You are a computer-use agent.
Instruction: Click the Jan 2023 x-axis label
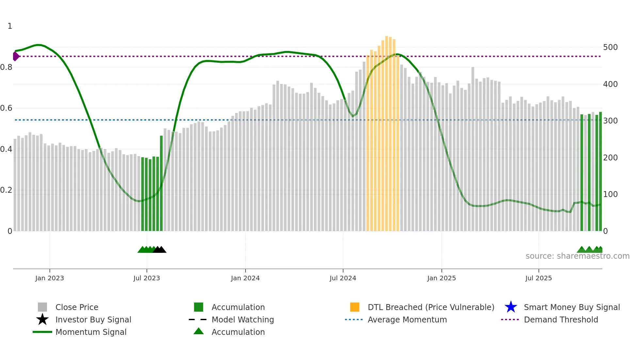(x=50, y=278)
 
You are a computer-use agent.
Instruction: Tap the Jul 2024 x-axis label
(x=343, y=278)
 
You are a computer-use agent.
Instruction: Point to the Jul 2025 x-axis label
(x=538, y=278)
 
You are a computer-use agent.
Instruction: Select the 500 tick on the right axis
(x=610, y=47)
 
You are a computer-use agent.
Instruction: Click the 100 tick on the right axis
(x=610, y=194)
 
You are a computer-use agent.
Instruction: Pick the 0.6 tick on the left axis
(x=6, y=108)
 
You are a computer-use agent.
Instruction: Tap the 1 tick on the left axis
(x=10, y=26)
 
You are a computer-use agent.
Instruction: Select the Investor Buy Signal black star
(x=42, y=319)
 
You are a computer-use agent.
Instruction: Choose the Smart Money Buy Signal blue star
(x=511, y=307)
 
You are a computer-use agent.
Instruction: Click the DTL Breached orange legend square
(x=355, y=307)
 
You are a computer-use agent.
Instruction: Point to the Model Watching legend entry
(x=243, y=320)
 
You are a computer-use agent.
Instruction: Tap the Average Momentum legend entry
(x=407, y=320)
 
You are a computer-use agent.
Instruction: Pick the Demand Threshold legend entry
(x=561, y=320)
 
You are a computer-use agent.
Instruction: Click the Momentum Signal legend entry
(x=91, y=332)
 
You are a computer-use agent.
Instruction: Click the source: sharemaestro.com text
(x=577, y=256)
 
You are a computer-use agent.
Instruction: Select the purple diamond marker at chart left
(x=16, y=57)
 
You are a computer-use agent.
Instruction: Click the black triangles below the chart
(x=159, y=250)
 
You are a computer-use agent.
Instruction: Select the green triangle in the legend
(x=199, y=331)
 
